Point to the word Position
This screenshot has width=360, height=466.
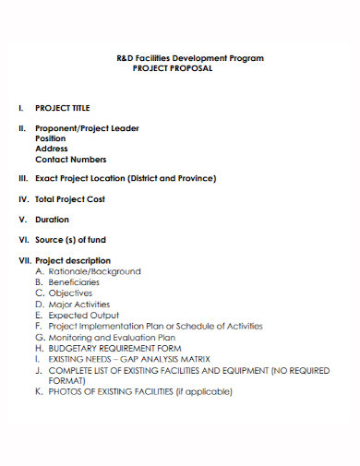click(x=51, y=138)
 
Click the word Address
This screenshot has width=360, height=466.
click(x=51, y=149)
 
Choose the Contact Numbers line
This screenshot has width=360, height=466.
click(x=70, y=159)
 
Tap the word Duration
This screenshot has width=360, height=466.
click(x=52, y=220)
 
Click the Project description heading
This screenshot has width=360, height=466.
click(x=72, y=260)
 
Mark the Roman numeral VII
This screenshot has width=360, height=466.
click(x=25, y=260)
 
